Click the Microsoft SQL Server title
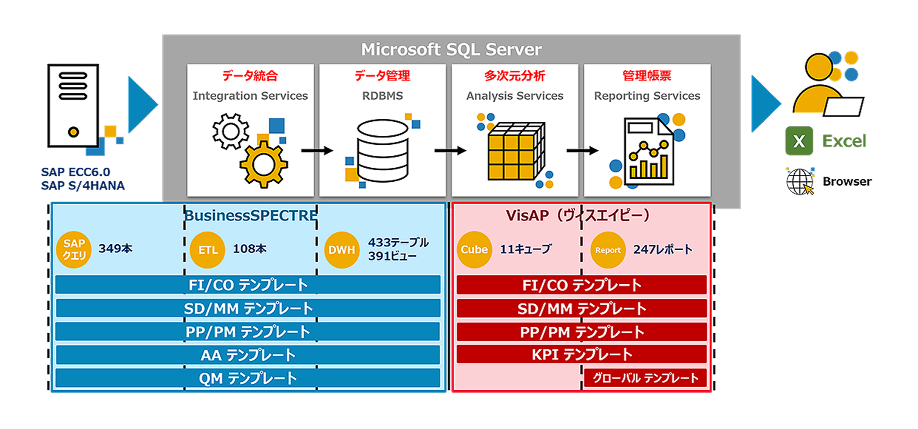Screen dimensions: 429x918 pyautogui.click(x=451, y=49)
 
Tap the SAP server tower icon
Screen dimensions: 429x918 pyautogui.click(x=73, y=106)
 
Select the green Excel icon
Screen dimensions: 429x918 pyautogui.click(x=799, y=141)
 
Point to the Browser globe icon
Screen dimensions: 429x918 pyautogui.click(x=799, y=181)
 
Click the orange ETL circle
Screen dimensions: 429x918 pyautogui.click(x=207, y=250)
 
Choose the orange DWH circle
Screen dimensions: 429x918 pyautogui.click(x=341, y=250)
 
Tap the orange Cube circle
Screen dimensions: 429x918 pyautogui.click(x=474, y=250)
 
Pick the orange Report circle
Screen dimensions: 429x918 pyautogui.click(x=608, y=250)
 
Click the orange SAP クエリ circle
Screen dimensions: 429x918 pyautogui.click(x=74, y=250)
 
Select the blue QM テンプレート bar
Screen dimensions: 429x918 pyautogui.click(x=248, y=378)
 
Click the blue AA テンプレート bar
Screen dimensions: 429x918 pyautogui.click(x=248, y=355)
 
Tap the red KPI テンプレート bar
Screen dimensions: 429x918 pyautogui.click(x=581, y=354)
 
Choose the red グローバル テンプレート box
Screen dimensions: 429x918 pyautogui.click(x=645, y=378)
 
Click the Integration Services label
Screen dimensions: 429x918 pyautogui.click(x=250, y=96)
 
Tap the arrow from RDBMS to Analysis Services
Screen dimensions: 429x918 pyautogui.click(x=450, y=150)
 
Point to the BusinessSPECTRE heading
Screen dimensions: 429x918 pyautogui.click(x=251, y=215)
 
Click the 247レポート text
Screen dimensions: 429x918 pyautogui.click(x=662, y=249)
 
